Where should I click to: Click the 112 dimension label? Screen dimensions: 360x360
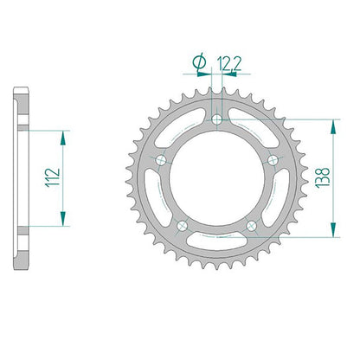coord(53,177)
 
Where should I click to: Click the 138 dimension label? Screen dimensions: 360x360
coord(323,177)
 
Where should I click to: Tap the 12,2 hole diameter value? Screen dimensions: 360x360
coord(229,64)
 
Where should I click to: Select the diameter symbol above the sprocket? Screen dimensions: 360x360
coord(200,63)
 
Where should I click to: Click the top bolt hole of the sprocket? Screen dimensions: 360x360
coord(217,119)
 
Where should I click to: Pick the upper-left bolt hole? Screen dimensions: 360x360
coord(161,160)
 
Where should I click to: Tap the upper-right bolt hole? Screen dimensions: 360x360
coord(273,160)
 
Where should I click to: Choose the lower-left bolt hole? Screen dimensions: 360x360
coord(183,226)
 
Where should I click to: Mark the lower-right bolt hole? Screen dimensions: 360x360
coord(252,226)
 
